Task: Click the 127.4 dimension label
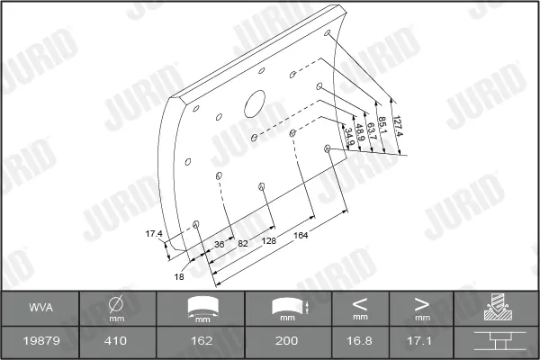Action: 398,126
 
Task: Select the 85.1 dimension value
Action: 382,125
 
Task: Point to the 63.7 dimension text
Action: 372,131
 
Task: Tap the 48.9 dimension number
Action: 360,132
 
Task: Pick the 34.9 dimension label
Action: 349,137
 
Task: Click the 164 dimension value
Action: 301,235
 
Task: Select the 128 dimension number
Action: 268,240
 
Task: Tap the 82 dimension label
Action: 243,243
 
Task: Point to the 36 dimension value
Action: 219,244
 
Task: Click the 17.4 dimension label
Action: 154,234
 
